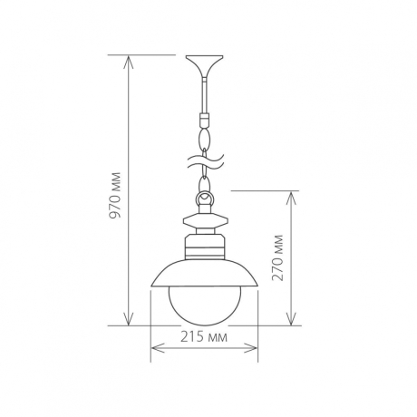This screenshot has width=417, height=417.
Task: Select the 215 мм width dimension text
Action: coord(205,337)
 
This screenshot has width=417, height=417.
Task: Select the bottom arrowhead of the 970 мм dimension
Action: coord(129,320)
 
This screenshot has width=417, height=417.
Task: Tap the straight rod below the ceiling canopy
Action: coord(205,95)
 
